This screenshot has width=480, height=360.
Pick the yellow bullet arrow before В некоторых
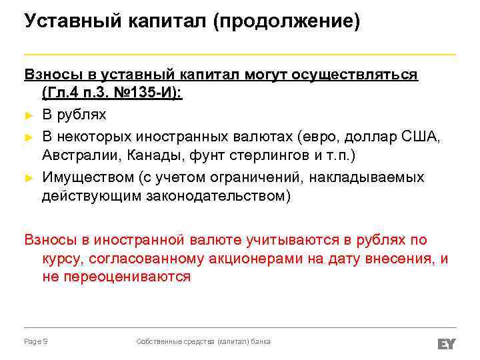28,137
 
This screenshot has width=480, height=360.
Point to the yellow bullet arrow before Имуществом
28,179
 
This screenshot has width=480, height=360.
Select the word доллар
366,137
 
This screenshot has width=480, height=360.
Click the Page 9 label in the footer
35,341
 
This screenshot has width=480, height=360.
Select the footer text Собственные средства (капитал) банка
203,341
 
